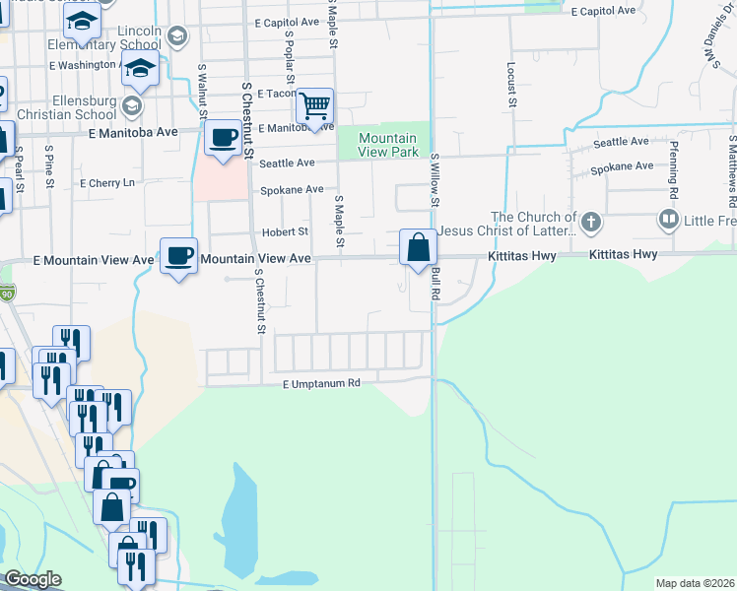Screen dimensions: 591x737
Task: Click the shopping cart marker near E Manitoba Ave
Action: click(314, 105)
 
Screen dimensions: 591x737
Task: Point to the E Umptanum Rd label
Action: click(320, 384)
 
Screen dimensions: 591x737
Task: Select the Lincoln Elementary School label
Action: click(138, 38)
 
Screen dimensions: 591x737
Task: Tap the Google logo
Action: click(33, 579)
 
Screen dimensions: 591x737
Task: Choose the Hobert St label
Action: click(285, 232)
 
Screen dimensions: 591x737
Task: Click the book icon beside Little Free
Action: click(669, 219)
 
